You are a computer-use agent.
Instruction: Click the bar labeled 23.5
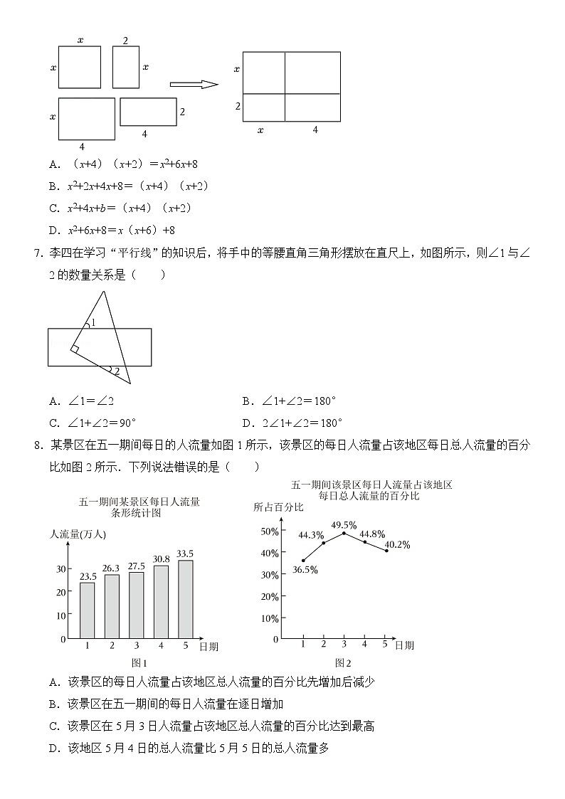88,610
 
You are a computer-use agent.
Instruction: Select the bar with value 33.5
185,599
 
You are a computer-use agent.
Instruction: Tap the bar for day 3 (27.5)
136,605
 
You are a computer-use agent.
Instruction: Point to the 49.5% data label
344,524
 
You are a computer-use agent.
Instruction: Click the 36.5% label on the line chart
305,569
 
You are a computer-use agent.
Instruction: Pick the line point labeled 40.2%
386,551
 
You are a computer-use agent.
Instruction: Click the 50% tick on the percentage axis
268,531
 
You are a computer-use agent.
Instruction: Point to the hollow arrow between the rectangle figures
194,85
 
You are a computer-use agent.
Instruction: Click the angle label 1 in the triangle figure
93,322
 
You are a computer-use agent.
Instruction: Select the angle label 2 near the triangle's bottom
117,371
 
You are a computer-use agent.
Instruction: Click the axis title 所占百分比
278,507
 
